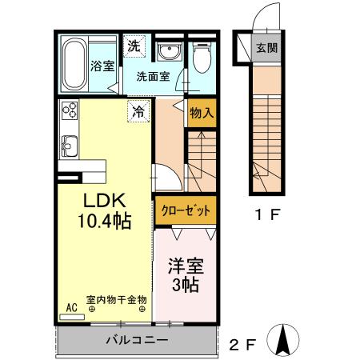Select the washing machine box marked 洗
pyautogui.click(x=134, y=46)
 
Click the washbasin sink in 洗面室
pyautogui.click(x=169, y=52)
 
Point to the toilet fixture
pyautogui.click(x=202, y=56)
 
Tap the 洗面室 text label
pyautogui.click(x=152, y=78)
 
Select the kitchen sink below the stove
pyautogui.click(x=68, y=146)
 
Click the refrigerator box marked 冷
pyautogui.click(x=138, y=112)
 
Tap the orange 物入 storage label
pyautogui.click(x=201, y=113)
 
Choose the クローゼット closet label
pyautogui.click(x=186, y=211)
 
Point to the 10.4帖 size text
pyautogui.click(x=104, y=218)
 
